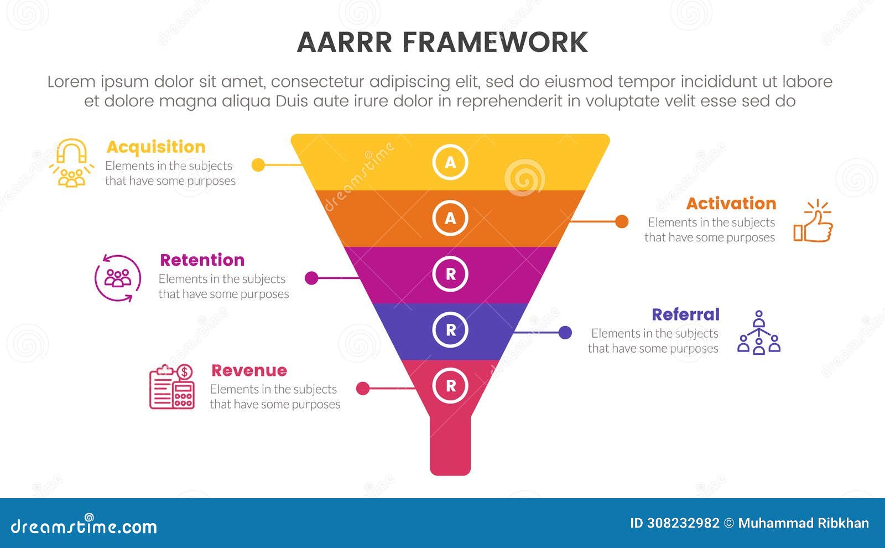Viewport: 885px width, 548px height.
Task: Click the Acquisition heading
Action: pos(155,147)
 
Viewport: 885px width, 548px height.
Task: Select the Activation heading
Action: pos(731,204)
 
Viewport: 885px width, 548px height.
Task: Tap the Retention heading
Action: pos(202,260)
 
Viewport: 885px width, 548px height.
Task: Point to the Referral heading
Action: pos(685,315)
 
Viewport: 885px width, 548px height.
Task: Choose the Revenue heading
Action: pos(249,370)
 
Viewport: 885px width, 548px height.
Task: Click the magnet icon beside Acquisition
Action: pos(72,163)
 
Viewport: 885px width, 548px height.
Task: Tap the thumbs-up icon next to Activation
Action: pos(814,222)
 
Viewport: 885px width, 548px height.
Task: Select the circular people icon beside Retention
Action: pos(118,278)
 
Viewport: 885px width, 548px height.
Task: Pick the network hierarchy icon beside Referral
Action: pos(759,333)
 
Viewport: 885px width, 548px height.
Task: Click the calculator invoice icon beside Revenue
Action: pos(172,387)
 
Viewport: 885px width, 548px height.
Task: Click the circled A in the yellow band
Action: pos(450,162)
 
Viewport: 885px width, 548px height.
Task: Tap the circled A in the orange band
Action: pos(450,218)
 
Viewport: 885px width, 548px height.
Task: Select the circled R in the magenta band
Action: pos(450,274)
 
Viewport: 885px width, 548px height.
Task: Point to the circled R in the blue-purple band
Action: pos(450,330)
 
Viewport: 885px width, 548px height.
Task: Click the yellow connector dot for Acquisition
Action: pos(258,165)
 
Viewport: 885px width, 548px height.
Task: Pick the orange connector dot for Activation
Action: pos(622,221)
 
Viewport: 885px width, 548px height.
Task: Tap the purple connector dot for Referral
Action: pos(565,333)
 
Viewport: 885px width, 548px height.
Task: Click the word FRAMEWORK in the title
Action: pos(494,43)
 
